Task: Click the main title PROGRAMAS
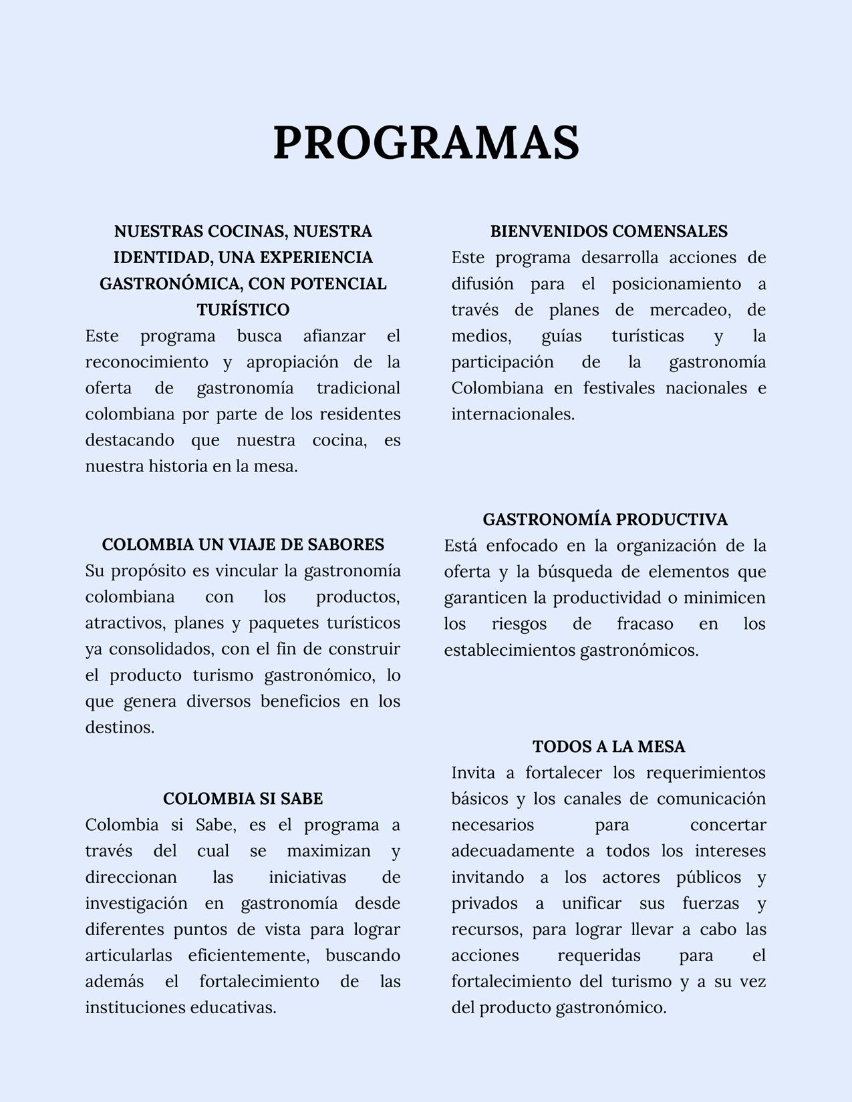click(x=426, y=142)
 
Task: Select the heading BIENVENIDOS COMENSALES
click(x=609, y=232)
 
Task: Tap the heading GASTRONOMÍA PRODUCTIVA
click(x=605, y=520)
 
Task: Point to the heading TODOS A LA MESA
click(x=609, y=747)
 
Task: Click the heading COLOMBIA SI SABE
click(x=243, y=799)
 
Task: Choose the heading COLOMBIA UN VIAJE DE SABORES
click(x=243, y=545)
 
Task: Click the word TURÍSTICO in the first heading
click(x=243, y=310)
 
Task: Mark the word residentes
click(x=360, y=414)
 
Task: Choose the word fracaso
click(x=645, y=624)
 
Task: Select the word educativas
click(x=233, y=1007)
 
